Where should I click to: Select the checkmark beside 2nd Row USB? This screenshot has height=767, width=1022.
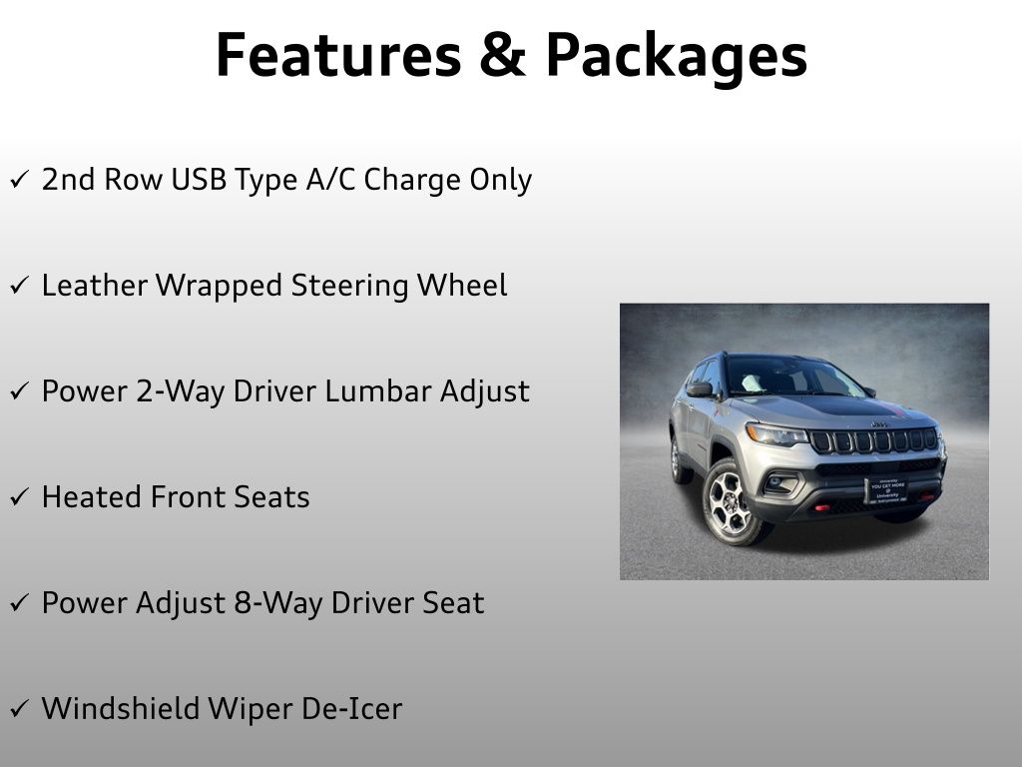pos(19,181)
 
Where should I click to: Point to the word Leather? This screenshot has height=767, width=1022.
pos(96,286)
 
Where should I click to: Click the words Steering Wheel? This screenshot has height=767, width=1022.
pos(399,286)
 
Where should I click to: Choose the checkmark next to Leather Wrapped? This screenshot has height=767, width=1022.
pos(19,287)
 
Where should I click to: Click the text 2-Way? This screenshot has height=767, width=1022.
pos(178,391)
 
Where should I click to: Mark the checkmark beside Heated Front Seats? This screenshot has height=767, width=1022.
pos(19,498)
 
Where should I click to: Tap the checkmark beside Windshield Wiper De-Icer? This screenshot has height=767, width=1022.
pos(19,710)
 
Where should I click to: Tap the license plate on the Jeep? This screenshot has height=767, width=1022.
pos(885,489)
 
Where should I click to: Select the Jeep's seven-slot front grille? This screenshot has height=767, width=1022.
pos(873,440)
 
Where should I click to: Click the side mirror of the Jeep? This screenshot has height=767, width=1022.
pos(700,389)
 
